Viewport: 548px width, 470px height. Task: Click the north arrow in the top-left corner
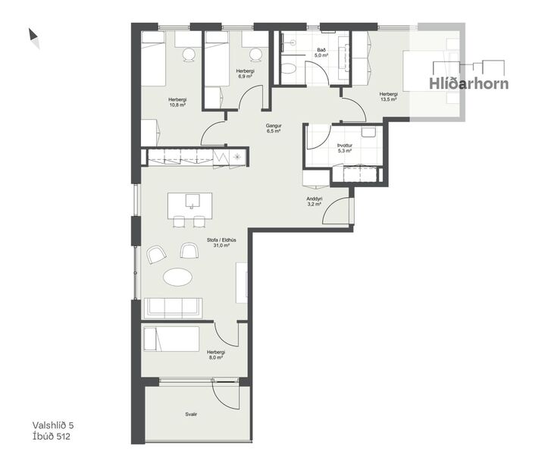(33, 36)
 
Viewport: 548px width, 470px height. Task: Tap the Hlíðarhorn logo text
(468, 83)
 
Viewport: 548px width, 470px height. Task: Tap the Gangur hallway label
(273, 125)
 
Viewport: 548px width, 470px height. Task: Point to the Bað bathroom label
(321, 49)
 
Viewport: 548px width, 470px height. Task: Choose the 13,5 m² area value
(388, 99)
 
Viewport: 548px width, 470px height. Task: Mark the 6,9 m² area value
(245, 77)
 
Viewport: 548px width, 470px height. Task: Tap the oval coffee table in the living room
(179, 278)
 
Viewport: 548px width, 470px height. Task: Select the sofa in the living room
(174, 307)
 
